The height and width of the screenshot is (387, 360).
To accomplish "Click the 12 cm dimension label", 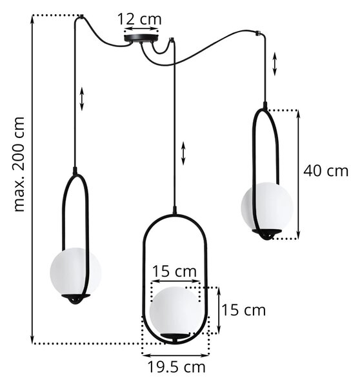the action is click(139, 19).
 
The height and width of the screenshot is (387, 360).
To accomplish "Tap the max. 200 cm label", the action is click(19, 164).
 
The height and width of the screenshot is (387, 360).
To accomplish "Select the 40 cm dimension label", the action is click(326, 171).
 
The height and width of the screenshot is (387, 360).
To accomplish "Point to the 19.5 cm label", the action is click(177, 367).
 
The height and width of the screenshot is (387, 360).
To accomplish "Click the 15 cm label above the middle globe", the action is click(175, 271).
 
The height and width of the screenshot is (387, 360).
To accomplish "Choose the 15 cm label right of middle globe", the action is click(244, 310).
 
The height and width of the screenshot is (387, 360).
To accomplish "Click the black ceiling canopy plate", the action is click(141, 38).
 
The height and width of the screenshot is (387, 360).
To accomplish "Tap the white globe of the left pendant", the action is click(75, 272).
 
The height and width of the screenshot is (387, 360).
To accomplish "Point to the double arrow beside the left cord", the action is click(82, 99).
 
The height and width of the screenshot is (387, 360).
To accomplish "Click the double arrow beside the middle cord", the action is click(183, 153).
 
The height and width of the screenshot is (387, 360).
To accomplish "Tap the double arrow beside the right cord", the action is click(275, 64).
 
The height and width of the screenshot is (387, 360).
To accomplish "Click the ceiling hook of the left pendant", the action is click(81, 17).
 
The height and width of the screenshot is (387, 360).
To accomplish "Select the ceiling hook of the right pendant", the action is click(259, 32).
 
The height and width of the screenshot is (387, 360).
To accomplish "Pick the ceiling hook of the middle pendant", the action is click(171, 39).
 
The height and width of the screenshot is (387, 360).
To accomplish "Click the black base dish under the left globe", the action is click(75, 299).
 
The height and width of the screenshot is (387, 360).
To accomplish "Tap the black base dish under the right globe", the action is click(266, 234).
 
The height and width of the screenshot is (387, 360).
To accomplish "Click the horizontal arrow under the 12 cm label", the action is click(141, 28).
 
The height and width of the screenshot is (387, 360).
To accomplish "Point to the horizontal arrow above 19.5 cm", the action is click(175, 355).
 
